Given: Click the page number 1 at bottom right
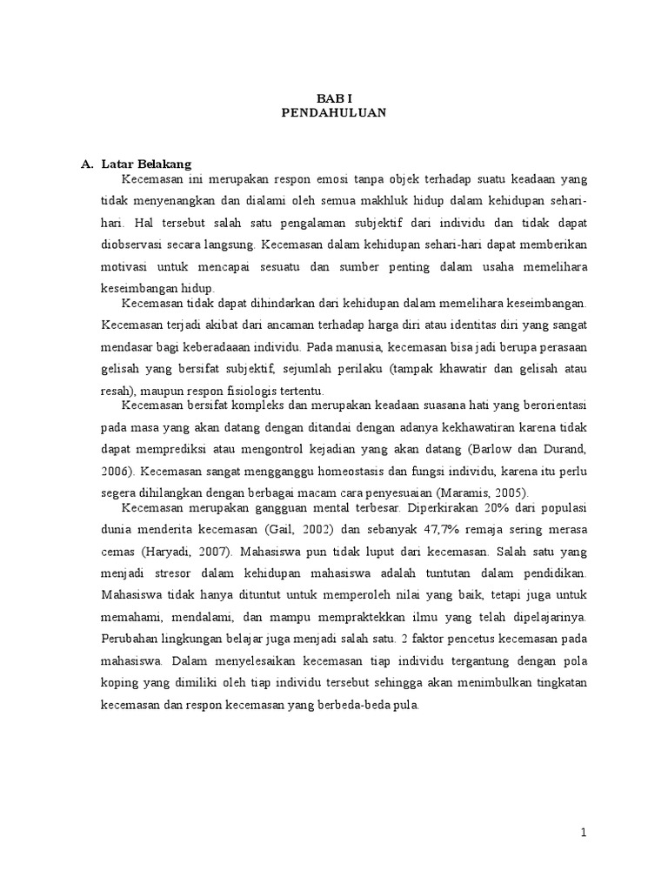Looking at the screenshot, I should pyautogui.click(x=584, y=833).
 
